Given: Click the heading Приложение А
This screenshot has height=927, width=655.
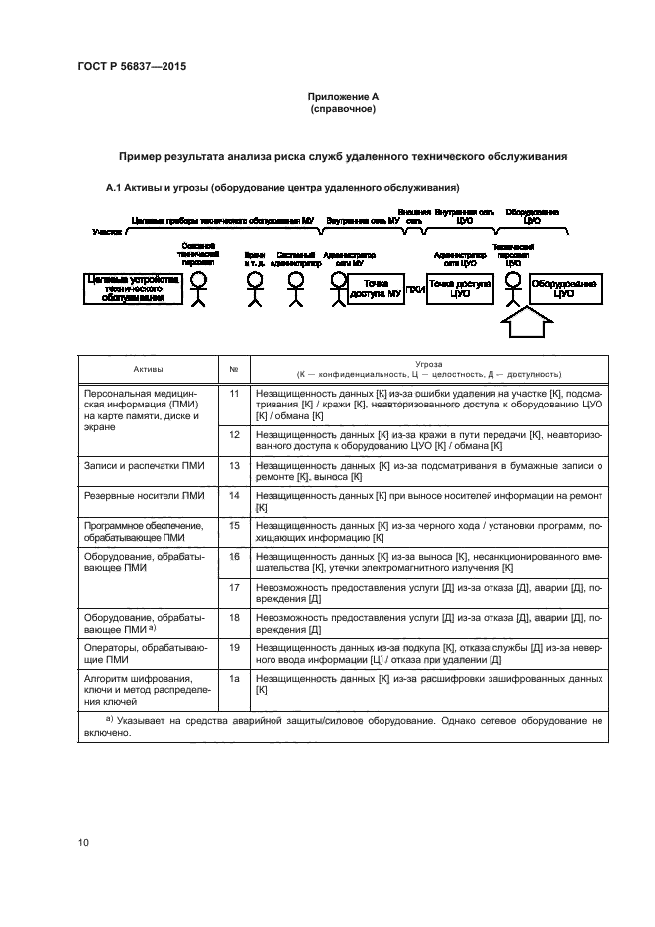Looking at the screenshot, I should (342, 96).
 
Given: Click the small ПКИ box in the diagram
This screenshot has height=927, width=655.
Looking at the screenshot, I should (415, 290).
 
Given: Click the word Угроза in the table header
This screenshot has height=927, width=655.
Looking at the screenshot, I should (429, 364).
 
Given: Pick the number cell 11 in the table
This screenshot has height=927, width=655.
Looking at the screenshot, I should (235, 394).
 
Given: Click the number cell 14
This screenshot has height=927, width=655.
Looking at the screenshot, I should (235, 493).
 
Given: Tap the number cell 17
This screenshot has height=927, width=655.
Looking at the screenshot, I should (235, 588).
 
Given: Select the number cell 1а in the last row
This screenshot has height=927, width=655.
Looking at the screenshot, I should (235, 679).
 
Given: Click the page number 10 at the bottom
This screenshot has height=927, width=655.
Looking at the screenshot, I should (84, 842).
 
